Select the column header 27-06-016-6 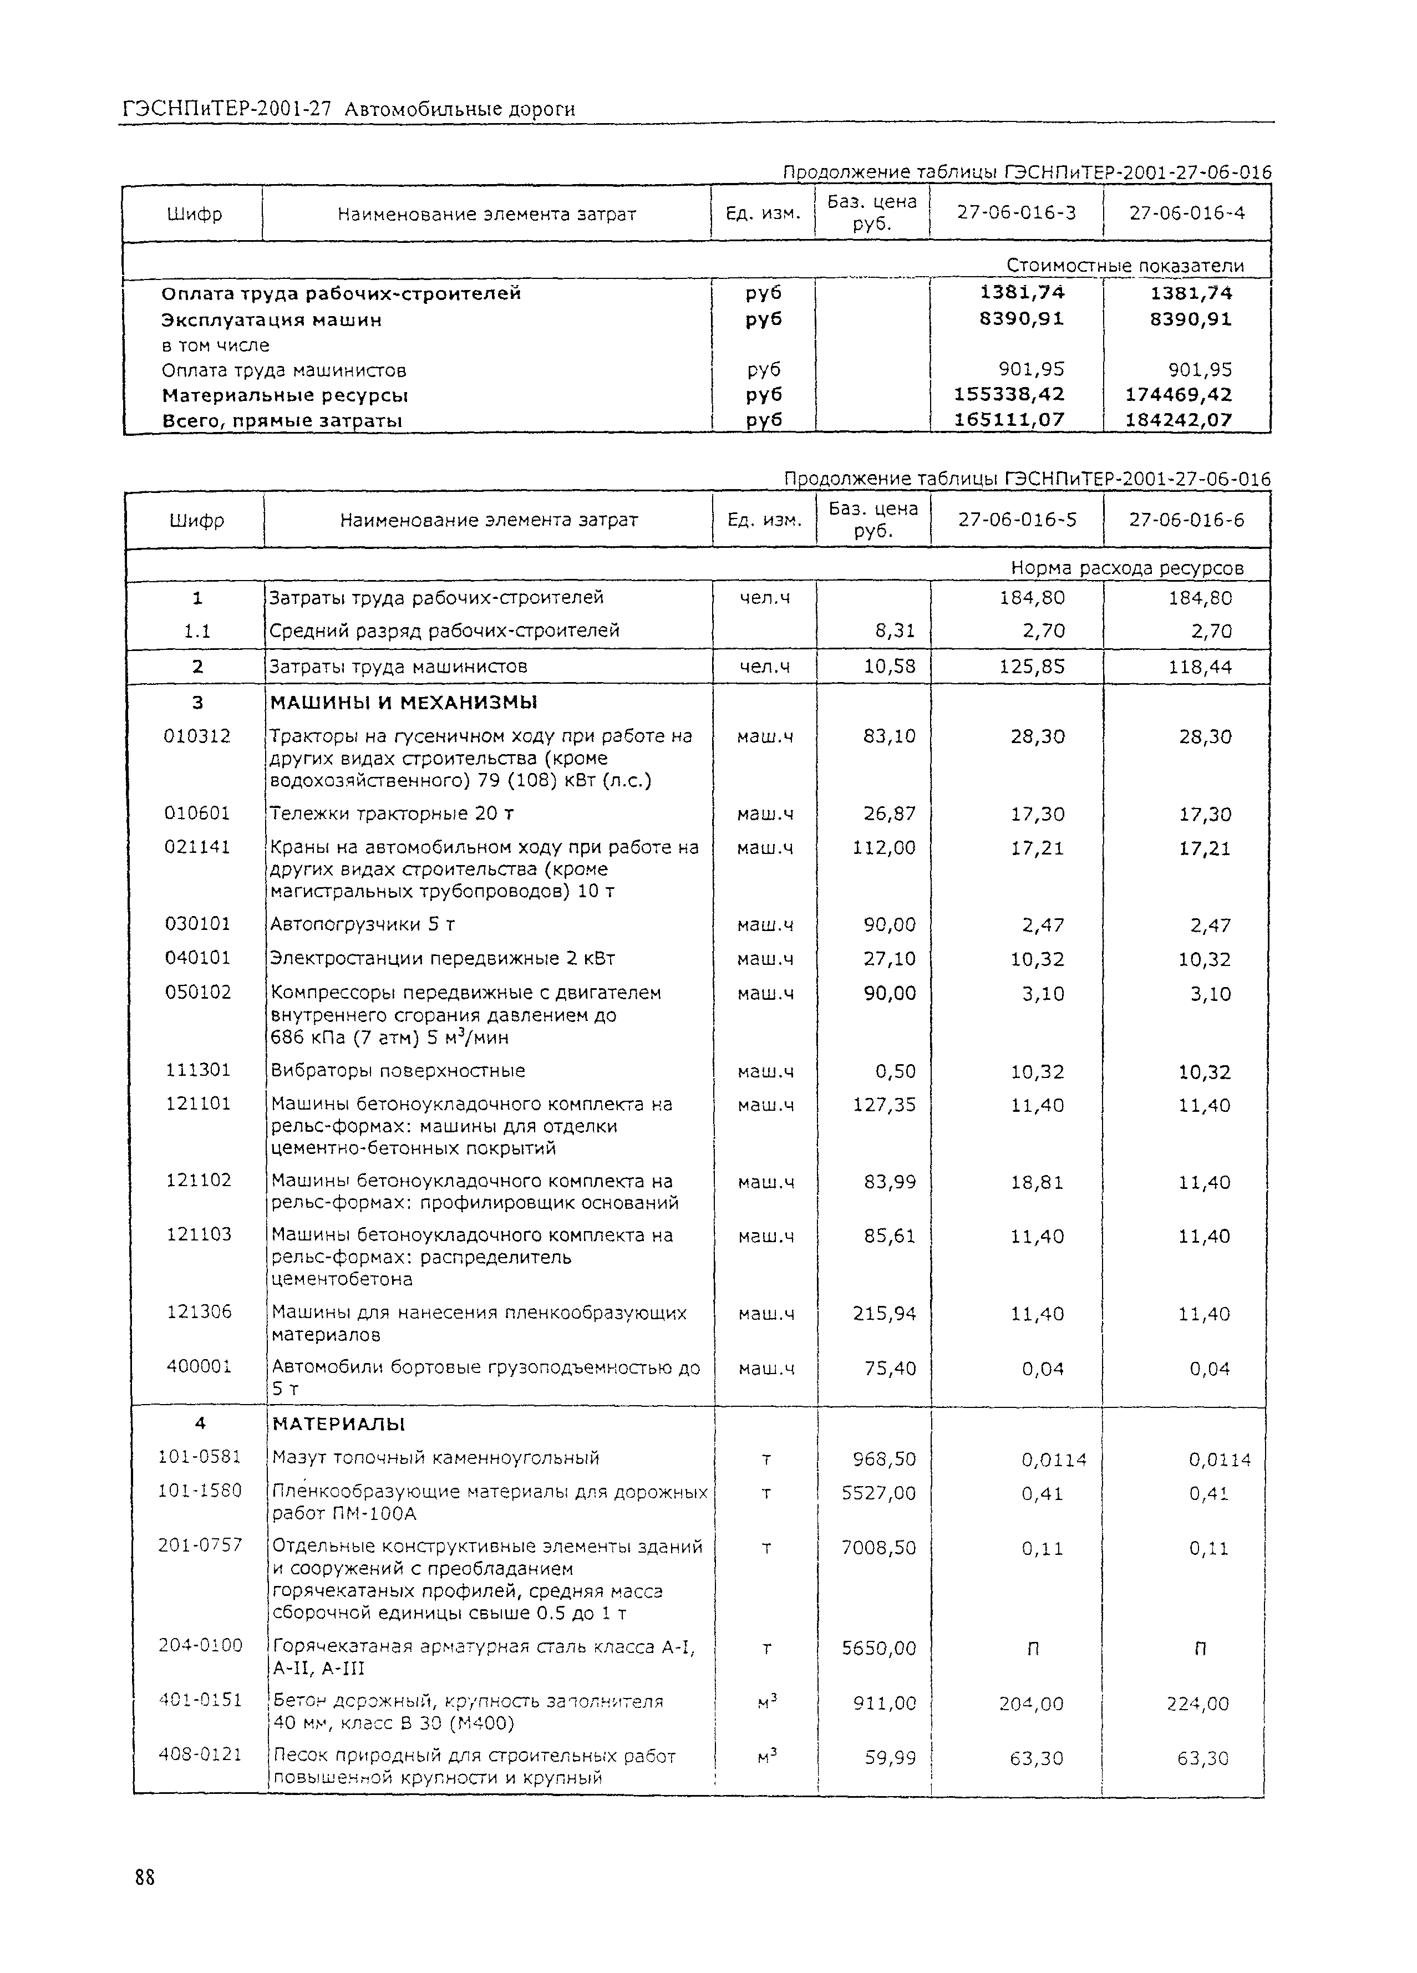1186,520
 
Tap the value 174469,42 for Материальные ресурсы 1179,395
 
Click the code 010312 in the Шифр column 197,736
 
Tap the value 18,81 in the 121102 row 1037,1182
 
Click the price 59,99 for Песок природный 890,1758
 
